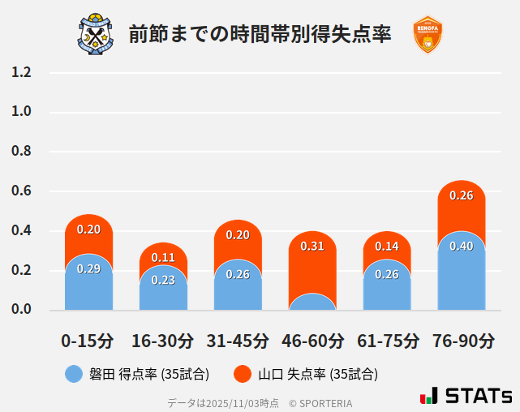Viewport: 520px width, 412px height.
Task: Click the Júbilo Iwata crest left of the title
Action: point(96,34)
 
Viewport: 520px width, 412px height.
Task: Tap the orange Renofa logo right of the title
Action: point(427,34)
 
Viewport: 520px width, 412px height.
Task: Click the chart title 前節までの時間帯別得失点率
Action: point(260,34)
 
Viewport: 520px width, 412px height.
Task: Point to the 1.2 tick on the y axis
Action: point(21,72)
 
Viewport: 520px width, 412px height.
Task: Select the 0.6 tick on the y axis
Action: point(21,191)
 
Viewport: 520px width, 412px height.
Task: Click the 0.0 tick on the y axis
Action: point(21,310)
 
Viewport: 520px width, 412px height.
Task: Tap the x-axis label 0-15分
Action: point(88,340)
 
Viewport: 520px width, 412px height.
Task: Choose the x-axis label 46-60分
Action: point(312,340)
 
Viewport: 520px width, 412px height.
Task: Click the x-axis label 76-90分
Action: point(462,340)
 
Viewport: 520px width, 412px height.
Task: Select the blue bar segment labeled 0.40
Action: point(462,276)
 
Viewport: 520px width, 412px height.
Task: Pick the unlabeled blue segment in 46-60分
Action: point(312,303)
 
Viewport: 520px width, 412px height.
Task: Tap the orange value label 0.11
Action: point(163,257)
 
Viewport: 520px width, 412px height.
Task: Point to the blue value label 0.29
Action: point(88,268)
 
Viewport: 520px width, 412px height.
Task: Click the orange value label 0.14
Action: point(387,246)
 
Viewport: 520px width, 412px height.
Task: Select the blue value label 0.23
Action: point(163,280)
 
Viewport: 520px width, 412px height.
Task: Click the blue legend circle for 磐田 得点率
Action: point(74,374)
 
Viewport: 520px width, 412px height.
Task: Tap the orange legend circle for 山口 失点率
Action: point(243,374)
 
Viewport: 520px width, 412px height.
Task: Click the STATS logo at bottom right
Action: point(466,396)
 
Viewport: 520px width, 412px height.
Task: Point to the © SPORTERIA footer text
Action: point(320,402)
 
